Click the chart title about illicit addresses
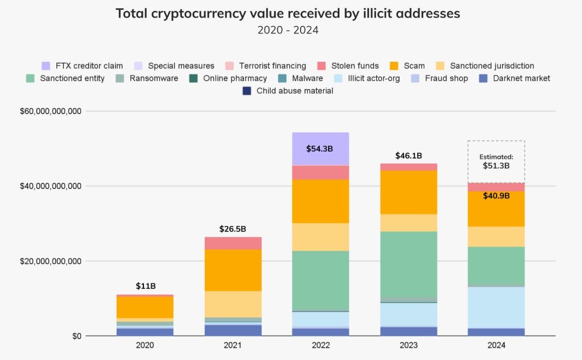pyautogui.click(x=288, y=13)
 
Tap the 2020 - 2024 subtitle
pyautogui.click(x=288, y=30)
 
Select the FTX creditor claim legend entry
pyautogui.click(x=82, y=66)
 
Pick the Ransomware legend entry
pyautogui.click(x=147, y=78)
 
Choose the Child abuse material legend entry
pyautogui.click(x=288, y=91)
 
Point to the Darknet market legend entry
pyautogui.click(x=514, y=78)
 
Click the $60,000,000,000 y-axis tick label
pyautogui.click(x=50, y=112)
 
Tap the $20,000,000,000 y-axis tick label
pyautogui.click(x=50, y=262)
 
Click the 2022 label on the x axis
pyautogui.click(x=321, y=346)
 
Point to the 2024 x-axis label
pyautogui.click(x=496, y=346)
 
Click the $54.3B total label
pyautogui.click(x=321, y=149)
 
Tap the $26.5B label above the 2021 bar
pyautogui.click(x=233, y=229)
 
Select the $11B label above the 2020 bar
pyautogui.click(x=146, y=286)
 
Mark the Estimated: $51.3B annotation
pyautogui.click(x=496, y=161)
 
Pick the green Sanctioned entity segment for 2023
pyautogui.click(x=408, y=264)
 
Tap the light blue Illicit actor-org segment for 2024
pyautogui.click(x=496, y=307)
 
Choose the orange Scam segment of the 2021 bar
pyautogui.click(x=233, y=270)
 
